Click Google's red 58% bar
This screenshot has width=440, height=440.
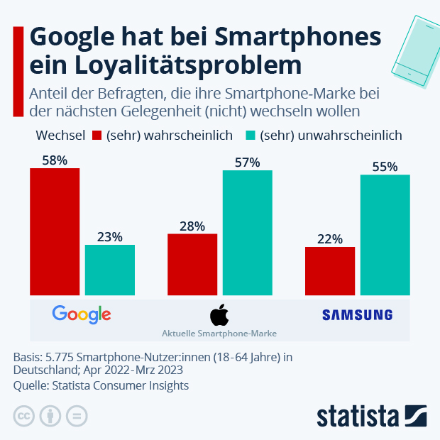click(55, 231)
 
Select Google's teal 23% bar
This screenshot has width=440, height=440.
click(110, 270)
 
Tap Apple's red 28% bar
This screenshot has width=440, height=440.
click(192, 264)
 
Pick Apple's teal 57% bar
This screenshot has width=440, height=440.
click(248, 232)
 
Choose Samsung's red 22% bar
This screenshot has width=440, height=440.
click(330, 270)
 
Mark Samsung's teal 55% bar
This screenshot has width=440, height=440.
click(385, 234)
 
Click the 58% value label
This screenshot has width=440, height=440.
click(55, 160)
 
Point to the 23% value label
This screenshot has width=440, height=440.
click(110, 237)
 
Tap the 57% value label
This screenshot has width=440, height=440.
click(248, 163)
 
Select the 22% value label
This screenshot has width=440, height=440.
click(330, 239)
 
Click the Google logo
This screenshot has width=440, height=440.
click(82, 314)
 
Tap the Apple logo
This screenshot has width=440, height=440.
click(219, 314)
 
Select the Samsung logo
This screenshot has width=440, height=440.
click(357, 314)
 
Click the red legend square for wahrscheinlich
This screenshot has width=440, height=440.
click(97, 135)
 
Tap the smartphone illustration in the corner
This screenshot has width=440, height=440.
click(413, 46)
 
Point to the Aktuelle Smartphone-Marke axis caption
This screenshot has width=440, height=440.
click(219, 333)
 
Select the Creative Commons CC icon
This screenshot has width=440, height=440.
click(24, 415)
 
